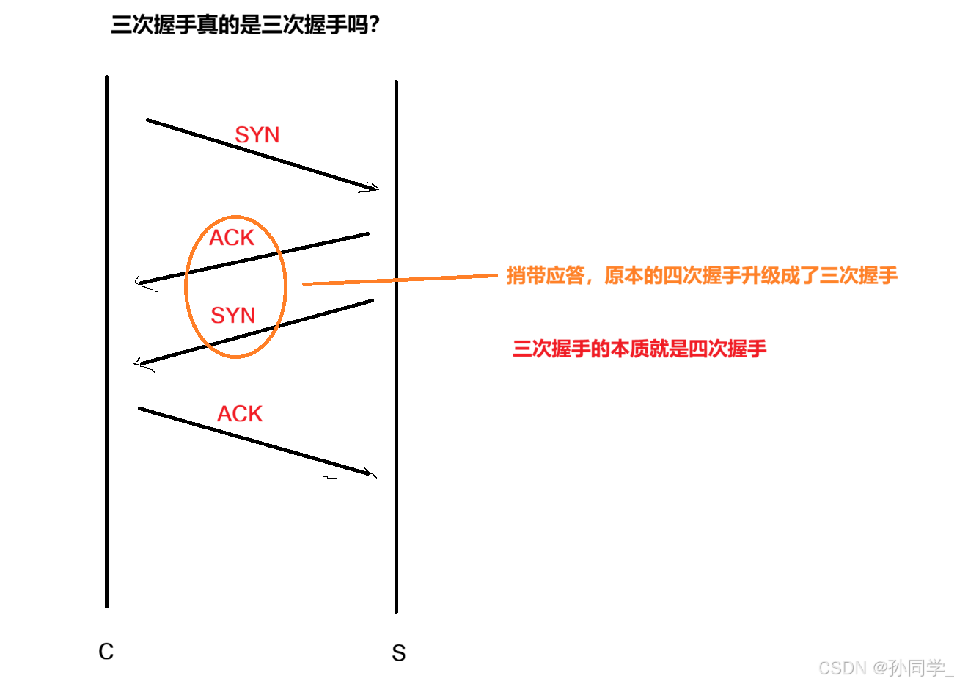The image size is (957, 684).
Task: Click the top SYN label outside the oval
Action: tap(257, 135)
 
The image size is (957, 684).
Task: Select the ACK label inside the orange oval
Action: tap(232, 238)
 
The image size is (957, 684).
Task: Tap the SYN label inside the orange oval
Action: tap(232, 316)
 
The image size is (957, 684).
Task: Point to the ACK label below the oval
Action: tap(240, 414)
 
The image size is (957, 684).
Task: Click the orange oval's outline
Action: tap(285, 286)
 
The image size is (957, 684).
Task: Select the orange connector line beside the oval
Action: tap(400, 280)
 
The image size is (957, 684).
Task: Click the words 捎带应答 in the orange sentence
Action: tap(546, 275)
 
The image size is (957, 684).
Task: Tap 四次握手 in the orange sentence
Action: tap(703, 275)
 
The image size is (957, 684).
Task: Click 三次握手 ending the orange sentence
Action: tap(859, 275)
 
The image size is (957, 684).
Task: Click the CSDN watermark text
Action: tap(841, 666)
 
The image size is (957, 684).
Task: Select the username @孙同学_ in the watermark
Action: tap(912, 666)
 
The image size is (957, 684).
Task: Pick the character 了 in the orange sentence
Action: tap(810, 275)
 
